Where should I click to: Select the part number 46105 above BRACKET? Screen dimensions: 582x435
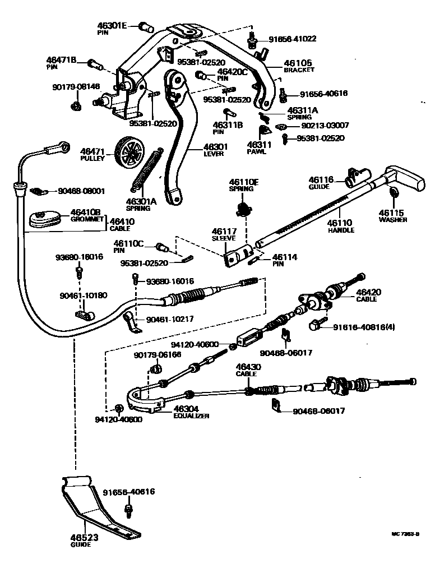point(298,63)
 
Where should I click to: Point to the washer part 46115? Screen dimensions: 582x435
point(394,193)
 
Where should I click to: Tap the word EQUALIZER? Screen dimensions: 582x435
point(191,416)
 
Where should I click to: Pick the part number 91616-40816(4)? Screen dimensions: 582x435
point(364,327)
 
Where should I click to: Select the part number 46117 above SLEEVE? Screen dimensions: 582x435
point(224,231)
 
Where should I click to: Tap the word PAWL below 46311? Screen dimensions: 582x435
point(257,151)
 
